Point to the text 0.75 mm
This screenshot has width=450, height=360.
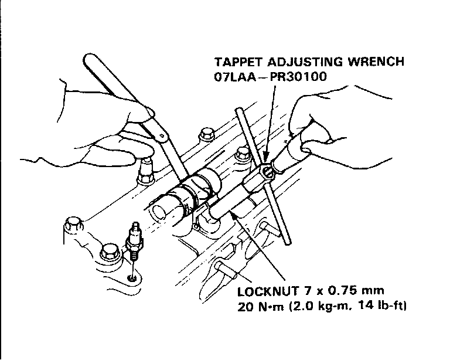356,291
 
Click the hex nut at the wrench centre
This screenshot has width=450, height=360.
267,171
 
